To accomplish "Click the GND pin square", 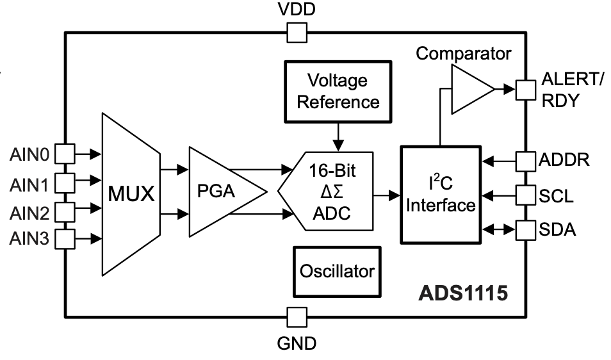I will pos(296,317).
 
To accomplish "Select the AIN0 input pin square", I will pos(65,153).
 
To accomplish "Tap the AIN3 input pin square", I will pos(65,239).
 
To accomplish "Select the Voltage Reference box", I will pos(338,91).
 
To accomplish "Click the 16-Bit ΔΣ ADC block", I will pos(332,192).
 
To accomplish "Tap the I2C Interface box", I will pos(440,195).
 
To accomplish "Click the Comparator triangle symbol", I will pos(471,88).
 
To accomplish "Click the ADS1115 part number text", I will pos(464,293).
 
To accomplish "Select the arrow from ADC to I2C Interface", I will pos(387,192).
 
